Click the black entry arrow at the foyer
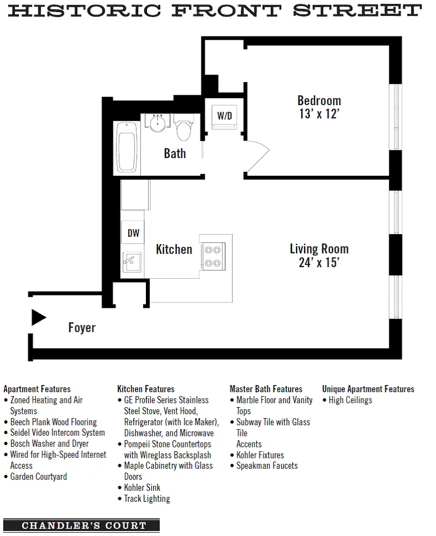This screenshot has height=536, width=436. point(38,318)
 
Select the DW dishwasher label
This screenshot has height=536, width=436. point(133,233)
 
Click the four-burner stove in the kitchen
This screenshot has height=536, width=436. point(212,256)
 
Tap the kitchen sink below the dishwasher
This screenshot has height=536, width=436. point(132,262)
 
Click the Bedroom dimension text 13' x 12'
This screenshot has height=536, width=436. point(319,114)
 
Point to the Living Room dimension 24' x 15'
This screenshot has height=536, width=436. point(319,263)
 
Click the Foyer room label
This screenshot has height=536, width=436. point(82,328)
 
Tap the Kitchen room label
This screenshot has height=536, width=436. point(174,250)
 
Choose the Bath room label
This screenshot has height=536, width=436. point(175,154)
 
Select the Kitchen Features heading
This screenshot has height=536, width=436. point(146,389)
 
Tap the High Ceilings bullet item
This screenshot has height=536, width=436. point(350,400)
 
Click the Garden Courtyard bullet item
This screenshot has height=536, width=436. point(39,477)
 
